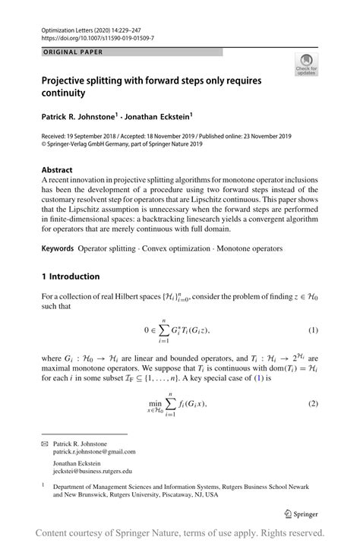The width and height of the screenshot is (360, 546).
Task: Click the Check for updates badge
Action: [306, 65]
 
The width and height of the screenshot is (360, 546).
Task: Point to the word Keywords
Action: [58, 248]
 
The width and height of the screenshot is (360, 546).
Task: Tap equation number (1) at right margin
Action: [313, 331]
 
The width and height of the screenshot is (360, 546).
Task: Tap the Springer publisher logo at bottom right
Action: [297, 513]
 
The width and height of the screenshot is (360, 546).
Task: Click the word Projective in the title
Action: [68, 78]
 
